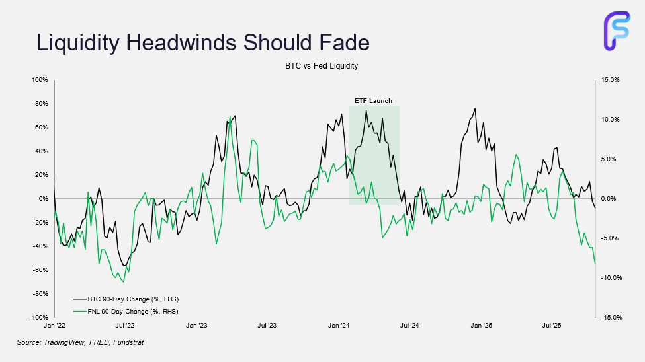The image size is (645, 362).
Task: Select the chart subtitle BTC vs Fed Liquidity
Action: coord(322,66)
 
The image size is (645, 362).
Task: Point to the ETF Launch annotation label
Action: coord(373,101)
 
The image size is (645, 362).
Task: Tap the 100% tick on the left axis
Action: coord(40,80)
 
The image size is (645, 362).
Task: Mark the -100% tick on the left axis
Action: coord(38,318)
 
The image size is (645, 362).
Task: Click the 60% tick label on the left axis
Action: coord(41,127)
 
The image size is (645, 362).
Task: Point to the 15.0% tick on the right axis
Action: coord(610,80)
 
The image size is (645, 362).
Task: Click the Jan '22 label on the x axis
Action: coord(54,326)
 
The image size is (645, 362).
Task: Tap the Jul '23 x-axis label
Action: coord(267,326)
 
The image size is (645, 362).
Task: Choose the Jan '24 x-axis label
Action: coord(339,326)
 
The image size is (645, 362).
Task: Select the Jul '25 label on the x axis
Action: coord(552,326)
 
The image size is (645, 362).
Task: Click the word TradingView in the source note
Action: coord(64,342)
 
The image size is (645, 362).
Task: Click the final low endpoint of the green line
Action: coord(595,263)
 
